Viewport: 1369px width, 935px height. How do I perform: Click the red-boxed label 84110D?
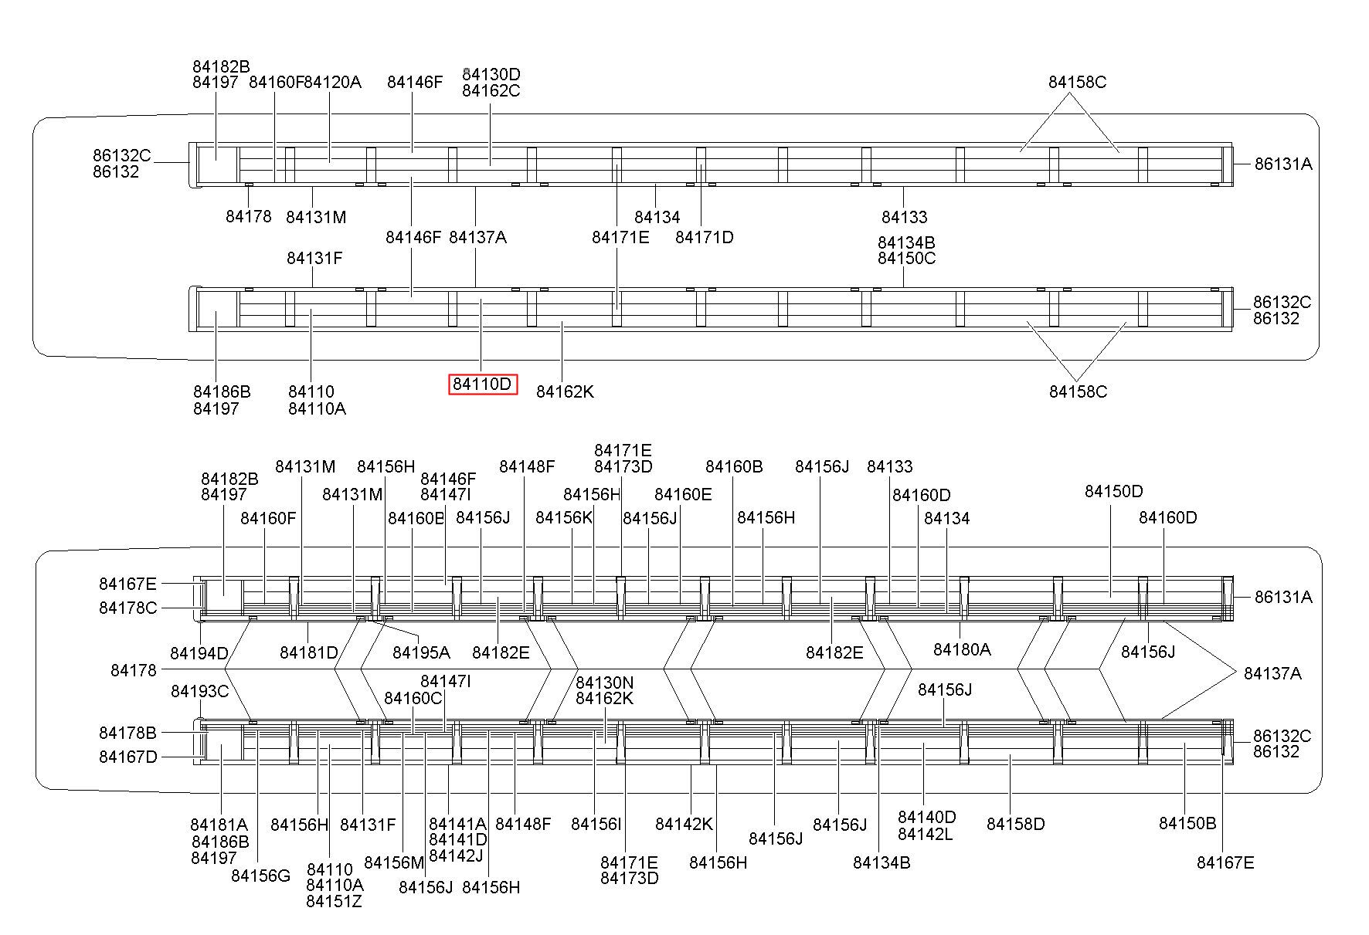coord(483,384)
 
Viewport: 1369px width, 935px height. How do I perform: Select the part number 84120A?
coord(333,82)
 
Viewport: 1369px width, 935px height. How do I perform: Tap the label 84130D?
coord(491,74)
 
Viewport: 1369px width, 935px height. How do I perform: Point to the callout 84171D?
coord(704,237)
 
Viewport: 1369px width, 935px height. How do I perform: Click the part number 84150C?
coord(906,258)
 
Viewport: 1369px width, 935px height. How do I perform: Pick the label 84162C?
coord(491,90)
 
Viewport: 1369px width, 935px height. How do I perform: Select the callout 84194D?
coord(199,653)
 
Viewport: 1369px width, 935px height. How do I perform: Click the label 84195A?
coord(421,652)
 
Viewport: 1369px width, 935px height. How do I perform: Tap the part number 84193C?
coord(199,691)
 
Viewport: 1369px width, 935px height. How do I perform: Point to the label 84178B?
coord(127,732)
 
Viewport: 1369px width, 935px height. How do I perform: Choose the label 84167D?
coord(127,757)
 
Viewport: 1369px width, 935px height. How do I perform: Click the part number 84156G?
coord(260,876)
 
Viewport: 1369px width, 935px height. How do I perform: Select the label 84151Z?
coord(334,901)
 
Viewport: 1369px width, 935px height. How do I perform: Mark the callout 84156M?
coord(394,862)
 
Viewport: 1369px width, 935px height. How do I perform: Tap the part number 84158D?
coord(1015,824)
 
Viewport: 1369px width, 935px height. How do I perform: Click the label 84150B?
coord(1187,823)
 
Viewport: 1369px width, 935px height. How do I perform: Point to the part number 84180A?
coord(962,649)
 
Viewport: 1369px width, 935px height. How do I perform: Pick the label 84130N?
coord(605,683)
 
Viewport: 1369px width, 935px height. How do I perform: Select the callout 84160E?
coord(683,494)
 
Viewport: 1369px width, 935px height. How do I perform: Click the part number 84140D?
coord(926,817)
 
